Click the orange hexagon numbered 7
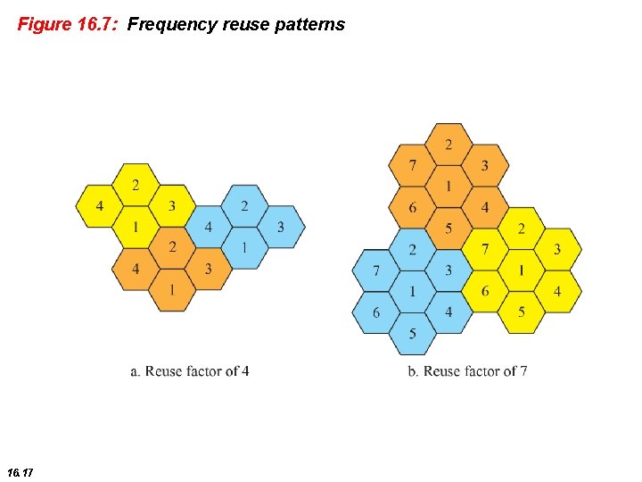(412, 166)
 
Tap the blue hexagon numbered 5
(412, 334)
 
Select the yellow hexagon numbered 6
(484, 292)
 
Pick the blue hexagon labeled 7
(376, 270)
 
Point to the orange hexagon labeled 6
(412, 208)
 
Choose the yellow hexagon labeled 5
(521, 312)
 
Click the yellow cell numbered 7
(484, 249)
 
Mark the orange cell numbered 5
(449, 229)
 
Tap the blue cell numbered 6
(376, 312)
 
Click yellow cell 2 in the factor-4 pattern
(136, 186)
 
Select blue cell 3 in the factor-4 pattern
(281, 228)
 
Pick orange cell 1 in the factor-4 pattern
(172, 290)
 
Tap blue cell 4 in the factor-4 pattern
(209, 228)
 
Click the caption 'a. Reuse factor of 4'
(189, 370)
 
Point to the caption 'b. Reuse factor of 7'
(467, 370)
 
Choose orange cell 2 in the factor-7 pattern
(449, 145)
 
